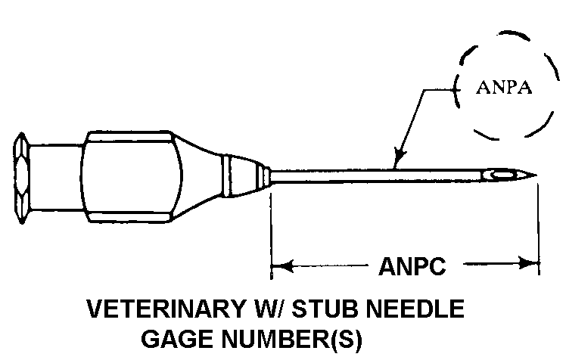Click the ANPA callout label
tap(505, 88)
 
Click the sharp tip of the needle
tap(536, 177)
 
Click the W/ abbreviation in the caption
tap(264, 310)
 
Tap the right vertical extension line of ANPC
tap(539, 227)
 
